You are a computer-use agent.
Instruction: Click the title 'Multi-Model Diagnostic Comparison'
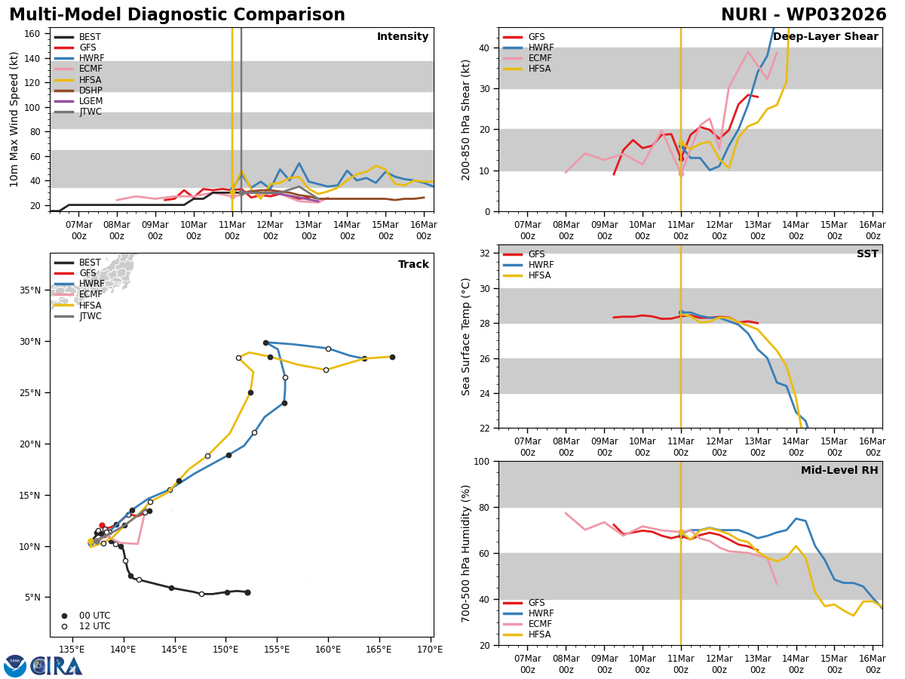pyautogui.click(x=177, y=15)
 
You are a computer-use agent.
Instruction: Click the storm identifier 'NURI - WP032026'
pyautogui.click(x=803, y=15)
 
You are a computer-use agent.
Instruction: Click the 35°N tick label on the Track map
pyautogui.click(x=31, y=290)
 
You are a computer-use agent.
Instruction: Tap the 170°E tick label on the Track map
pyautogui.click(x=430, y=649)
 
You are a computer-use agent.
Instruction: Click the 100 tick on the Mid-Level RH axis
pyautogui.click(x=480, y=461)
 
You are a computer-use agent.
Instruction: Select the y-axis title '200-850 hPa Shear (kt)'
pyautogui.click(x=466, y=119)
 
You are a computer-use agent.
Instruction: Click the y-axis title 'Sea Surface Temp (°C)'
pyautogui.click(x=466, y=336)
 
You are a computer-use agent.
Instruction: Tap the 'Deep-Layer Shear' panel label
pyautogui.click(x=825, y=37)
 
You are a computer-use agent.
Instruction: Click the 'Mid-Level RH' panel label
pyautogui.click(x=839, y=471)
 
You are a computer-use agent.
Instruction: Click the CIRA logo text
pyautogui.click(x=57, y=665)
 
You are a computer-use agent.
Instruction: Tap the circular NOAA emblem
pyautogui.click(x=15, y=665)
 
